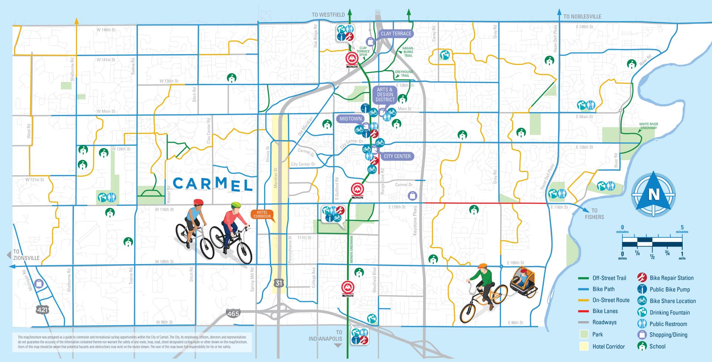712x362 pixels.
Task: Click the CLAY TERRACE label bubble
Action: [x=396, y=33]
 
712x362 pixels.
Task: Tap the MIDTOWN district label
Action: [x=350, y=119]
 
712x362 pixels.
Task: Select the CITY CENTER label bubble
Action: [x=397, y=156]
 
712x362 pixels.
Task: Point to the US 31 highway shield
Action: [x=278, y=283]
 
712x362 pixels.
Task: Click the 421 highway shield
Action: [x=43, y=309]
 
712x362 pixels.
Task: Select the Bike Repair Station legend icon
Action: [x=642, y=278]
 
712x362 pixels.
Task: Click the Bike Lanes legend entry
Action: [x=605, y=311]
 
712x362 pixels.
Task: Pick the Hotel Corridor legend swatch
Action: [x=584, y=346]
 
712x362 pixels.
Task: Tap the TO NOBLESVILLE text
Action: [x=582, y=16]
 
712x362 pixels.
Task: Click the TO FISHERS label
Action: [x=594, y=214]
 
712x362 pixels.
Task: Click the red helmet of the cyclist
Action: [x=198, y=202]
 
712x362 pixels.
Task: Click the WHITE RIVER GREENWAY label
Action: [x=648, y=126]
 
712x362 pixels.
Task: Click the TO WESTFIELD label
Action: [x=328, y=15]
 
